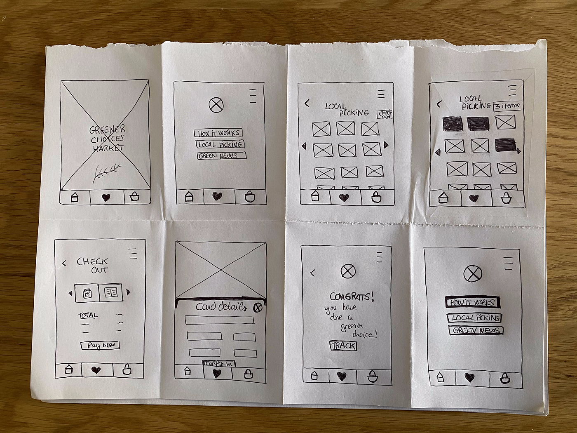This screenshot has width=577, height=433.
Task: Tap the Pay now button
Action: pos(100,346)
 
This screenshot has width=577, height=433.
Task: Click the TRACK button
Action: pos(343,346)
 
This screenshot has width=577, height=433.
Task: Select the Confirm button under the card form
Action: pos(219,363)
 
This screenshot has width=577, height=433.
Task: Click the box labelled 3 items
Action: pos(508,106)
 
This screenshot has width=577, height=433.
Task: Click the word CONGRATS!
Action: pos(352,296)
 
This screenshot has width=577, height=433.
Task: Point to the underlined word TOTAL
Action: pos(88,315)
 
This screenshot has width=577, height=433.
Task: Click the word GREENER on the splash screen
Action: pos(108,130)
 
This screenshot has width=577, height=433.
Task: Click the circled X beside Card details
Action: pos(258,307)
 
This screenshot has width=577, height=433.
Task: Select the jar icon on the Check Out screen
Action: pos(87,293)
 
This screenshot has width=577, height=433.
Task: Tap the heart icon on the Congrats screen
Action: pos(342,376)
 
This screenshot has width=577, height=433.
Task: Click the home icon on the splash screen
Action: pos(75,197)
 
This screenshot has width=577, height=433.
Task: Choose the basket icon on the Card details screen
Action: pos(248,374)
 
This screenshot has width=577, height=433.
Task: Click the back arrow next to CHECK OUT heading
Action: pos(64,263)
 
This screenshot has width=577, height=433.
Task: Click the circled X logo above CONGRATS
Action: pos(348,271)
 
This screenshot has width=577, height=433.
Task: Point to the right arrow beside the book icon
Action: pos(128,292)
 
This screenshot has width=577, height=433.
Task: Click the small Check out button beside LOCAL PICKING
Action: pos(385,114)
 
